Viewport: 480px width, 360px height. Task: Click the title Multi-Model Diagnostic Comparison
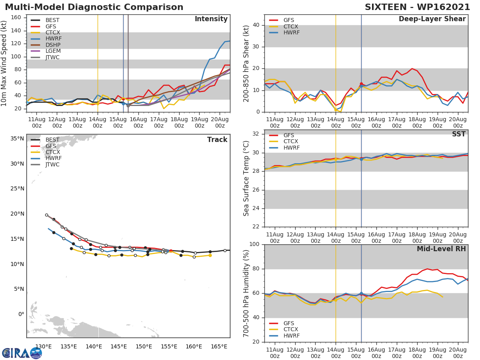pyautogui.click(x=94, y=7)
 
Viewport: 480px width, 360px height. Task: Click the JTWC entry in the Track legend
pyautogui.click(x=53, y=164)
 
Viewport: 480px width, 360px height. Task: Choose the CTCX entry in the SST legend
pyautogui.click(x=290, y=142)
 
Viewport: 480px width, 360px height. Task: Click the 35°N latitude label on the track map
pyautogui.click(x=17, y=139)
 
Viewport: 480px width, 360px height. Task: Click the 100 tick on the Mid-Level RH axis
pyautogui.click(x=254, y=244)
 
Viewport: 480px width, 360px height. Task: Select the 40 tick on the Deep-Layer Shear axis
pyautogui.click(x=256, y=25)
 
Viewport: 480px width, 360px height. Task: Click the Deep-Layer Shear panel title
pyautogui.click(x=432, y=19)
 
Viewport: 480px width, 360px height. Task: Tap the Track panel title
pyautogui.click(x=217, y=140)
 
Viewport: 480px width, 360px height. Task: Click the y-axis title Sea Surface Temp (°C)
pyautogui.click(x=246, y=178)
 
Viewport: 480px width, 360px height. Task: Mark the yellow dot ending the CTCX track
pyautogui.click(x=210, y=255)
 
